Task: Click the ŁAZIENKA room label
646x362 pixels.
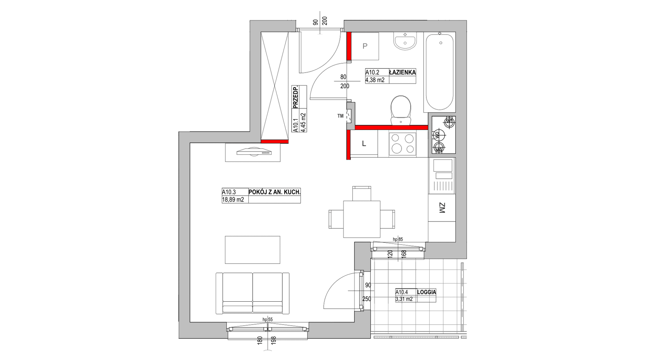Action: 402,72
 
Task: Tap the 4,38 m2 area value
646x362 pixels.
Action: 375,80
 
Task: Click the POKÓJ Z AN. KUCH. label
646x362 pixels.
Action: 275,192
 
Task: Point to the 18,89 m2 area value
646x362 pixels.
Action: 233,200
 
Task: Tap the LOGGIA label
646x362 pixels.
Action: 427,292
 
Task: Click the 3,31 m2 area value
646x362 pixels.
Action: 404,299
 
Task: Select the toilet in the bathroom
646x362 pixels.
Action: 401,110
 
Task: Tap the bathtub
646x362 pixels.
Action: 440,72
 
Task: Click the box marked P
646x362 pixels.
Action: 365,46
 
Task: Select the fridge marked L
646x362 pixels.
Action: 364,144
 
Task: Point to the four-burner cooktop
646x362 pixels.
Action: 402,143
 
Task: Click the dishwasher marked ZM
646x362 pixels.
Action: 442,208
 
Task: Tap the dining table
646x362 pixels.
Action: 362,219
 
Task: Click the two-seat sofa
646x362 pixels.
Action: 253,293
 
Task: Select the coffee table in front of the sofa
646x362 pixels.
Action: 253,250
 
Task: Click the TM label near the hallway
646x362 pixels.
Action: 340,116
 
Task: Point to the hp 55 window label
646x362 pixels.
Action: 268,319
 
